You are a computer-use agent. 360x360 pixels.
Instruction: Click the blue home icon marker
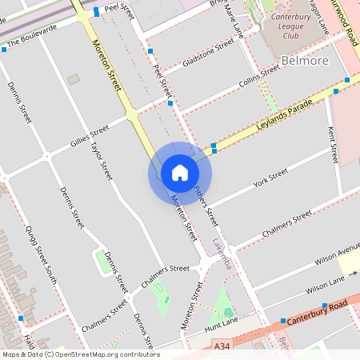coord(179,172)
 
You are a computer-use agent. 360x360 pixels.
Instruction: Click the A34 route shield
coord(226,346)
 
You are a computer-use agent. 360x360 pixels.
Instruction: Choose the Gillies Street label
coord(89,137)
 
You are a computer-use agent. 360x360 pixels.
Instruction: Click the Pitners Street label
coord(206,206)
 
